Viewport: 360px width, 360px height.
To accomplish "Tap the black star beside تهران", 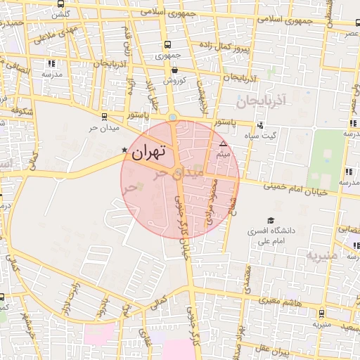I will click(125, 150).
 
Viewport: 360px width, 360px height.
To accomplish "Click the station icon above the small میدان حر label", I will click(105, 117).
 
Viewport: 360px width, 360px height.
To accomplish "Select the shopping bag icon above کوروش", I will click(174, 70).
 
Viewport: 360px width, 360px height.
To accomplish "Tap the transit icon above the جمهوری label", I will click(165, 44).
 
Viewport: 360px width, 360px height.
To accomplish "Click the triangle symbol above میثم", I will click(224, 143).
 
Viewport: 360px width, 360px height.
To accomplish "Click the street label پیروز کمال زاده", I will click(241, 46).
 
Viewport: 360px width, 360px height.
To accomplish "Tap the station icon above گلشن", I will click(56, 5).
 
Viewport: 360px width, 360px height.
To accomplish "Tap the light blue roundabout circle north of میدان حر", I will click(173, 117).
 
